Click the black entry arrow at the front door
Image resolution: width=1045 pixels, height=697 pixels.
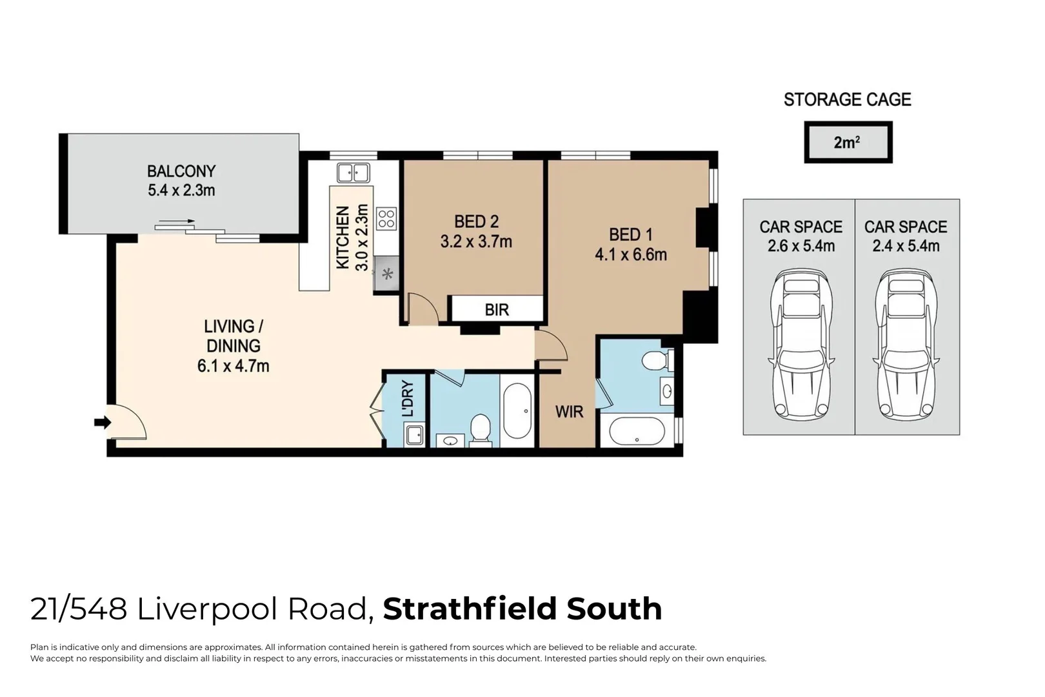[x=102, y=423]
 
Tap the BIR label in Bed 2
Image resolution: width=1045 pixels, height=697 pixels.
[x=497, y=310]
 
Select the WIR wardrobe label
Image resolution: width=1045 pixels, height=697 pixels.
[x=569, y=412]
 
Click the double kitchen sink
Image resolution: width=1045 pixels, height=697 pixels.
[x=353, y=173]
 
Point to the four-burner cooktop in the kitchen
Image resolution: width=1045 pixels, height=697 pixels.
[x=386, y=218]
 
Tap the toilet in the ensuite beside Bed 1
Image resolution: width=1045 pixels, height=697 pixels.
[x=655, y=359]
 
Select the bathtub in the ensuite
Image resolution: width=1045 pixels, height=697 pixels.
[x=637, y=431]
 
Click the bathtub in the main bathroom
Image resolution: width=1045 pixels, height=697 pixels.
[x=517, y=411]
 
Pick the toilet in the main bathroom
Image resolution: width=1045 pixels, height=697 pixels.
[x=480, y=430]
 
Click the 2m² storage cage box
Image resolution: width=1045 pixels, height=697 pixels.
[x=848, y=142]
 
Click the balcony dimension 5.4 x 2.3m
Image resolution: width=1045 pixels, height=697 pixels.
[x=181, y=190]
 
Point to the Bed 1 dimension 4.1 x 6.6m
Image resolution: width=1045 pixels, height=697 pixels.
[x=630, y=254]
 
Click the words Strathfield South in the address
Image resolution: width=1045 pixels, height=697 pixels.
[x=522, y=609]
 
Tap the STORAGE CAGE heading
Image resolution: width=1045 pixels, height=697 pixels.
[x=847, y=99]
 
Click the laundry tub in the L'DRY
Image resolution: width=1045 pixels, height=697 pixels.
[x=414, y=435]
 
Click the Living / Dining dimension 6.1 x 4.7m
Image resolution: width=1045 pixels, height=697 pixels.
[x=233, y=366]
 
